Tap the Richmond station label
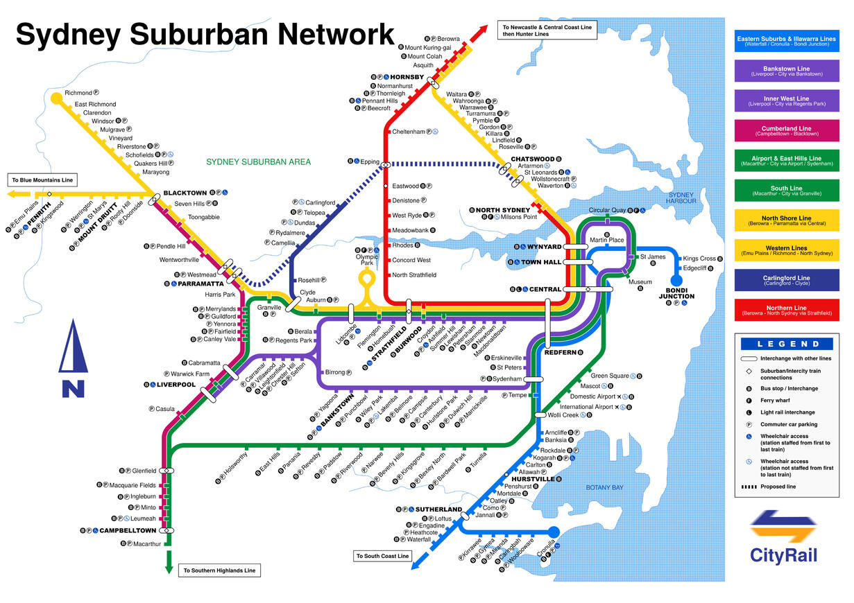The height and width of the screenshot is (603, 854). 78,93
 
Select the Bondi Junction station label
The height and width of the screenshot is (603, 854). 676,293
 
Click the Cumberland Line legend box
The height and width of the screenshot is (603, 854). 786,130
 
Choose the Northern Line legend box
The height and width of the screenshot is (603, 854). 786,310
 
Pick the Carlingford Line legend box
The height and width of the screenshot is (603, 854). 786,280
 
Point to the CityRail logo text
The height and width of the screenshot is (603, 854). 783,554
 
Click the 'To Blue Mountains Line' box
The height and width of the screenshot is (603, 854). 42,180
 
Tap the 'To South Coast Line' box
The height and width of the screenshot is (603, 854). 383,556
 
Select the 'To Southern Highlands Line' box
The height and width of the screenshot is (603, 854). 219,571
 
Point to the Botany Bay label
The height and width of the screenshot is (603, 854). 604,487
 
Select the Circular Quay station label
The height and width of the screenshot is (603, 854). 607,210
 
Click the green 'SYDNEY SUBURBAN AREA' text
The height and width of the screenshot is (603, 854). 258,162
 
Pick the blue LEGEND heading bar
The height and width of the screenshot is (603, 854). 786,343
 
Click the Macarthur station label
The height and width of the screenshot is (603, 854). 148,544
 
